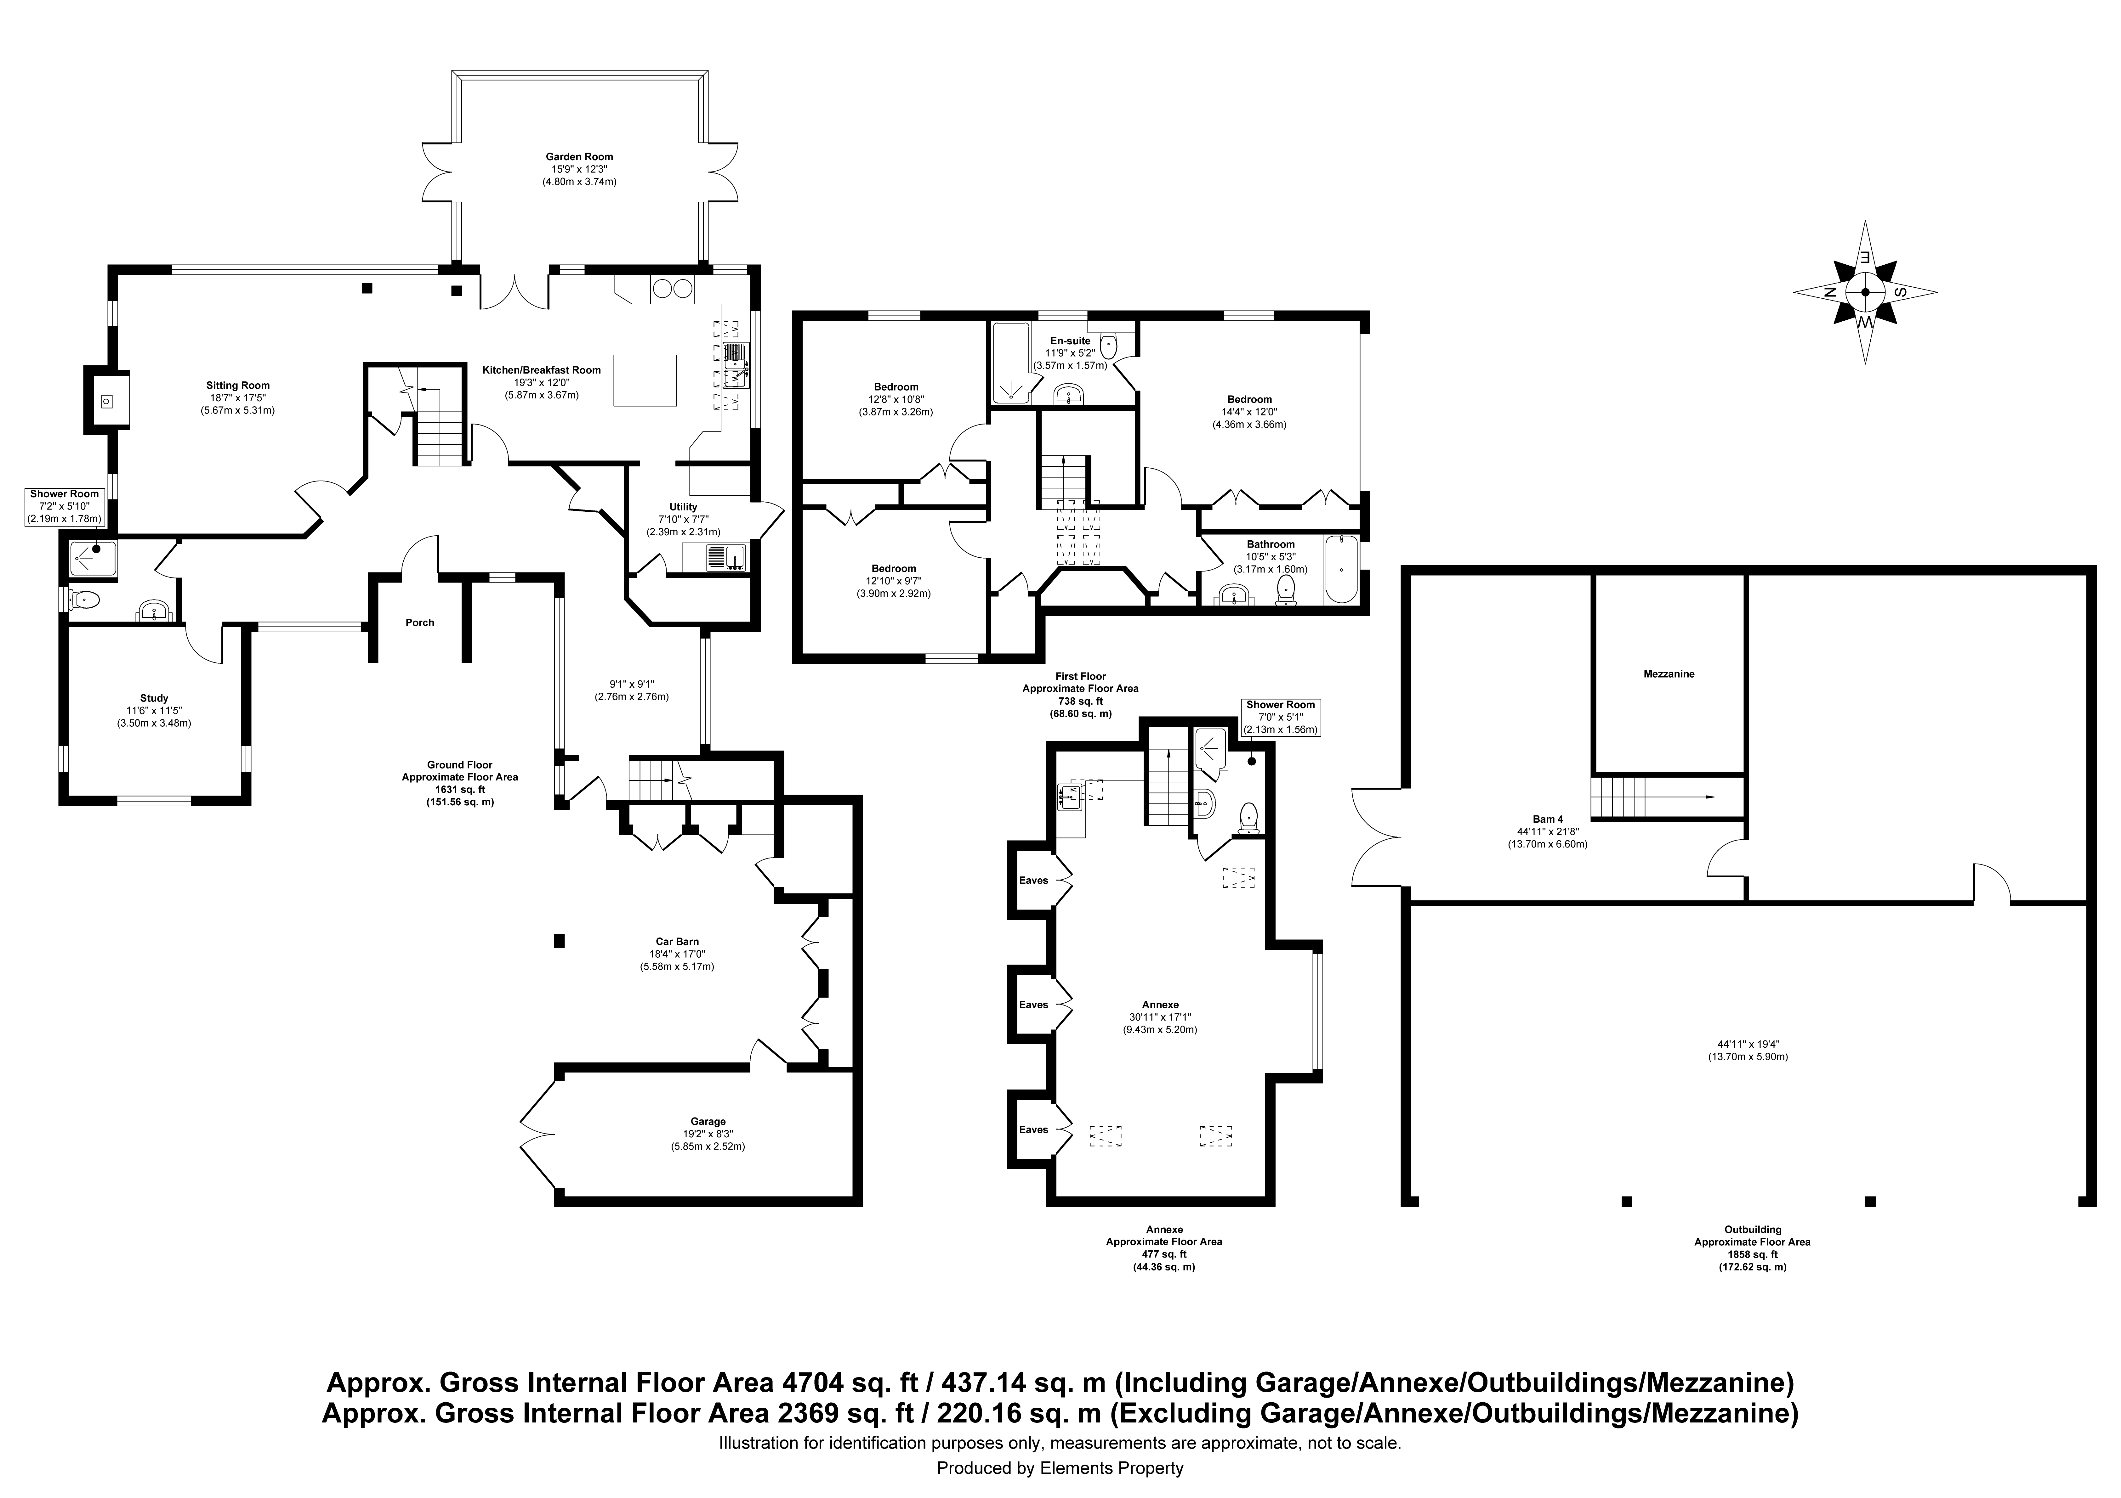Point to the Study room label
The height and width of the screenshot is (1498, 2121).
[x=154, y=698]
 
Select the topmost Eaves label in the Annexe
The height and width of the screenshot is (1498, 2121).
[x=1034, y=880]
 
